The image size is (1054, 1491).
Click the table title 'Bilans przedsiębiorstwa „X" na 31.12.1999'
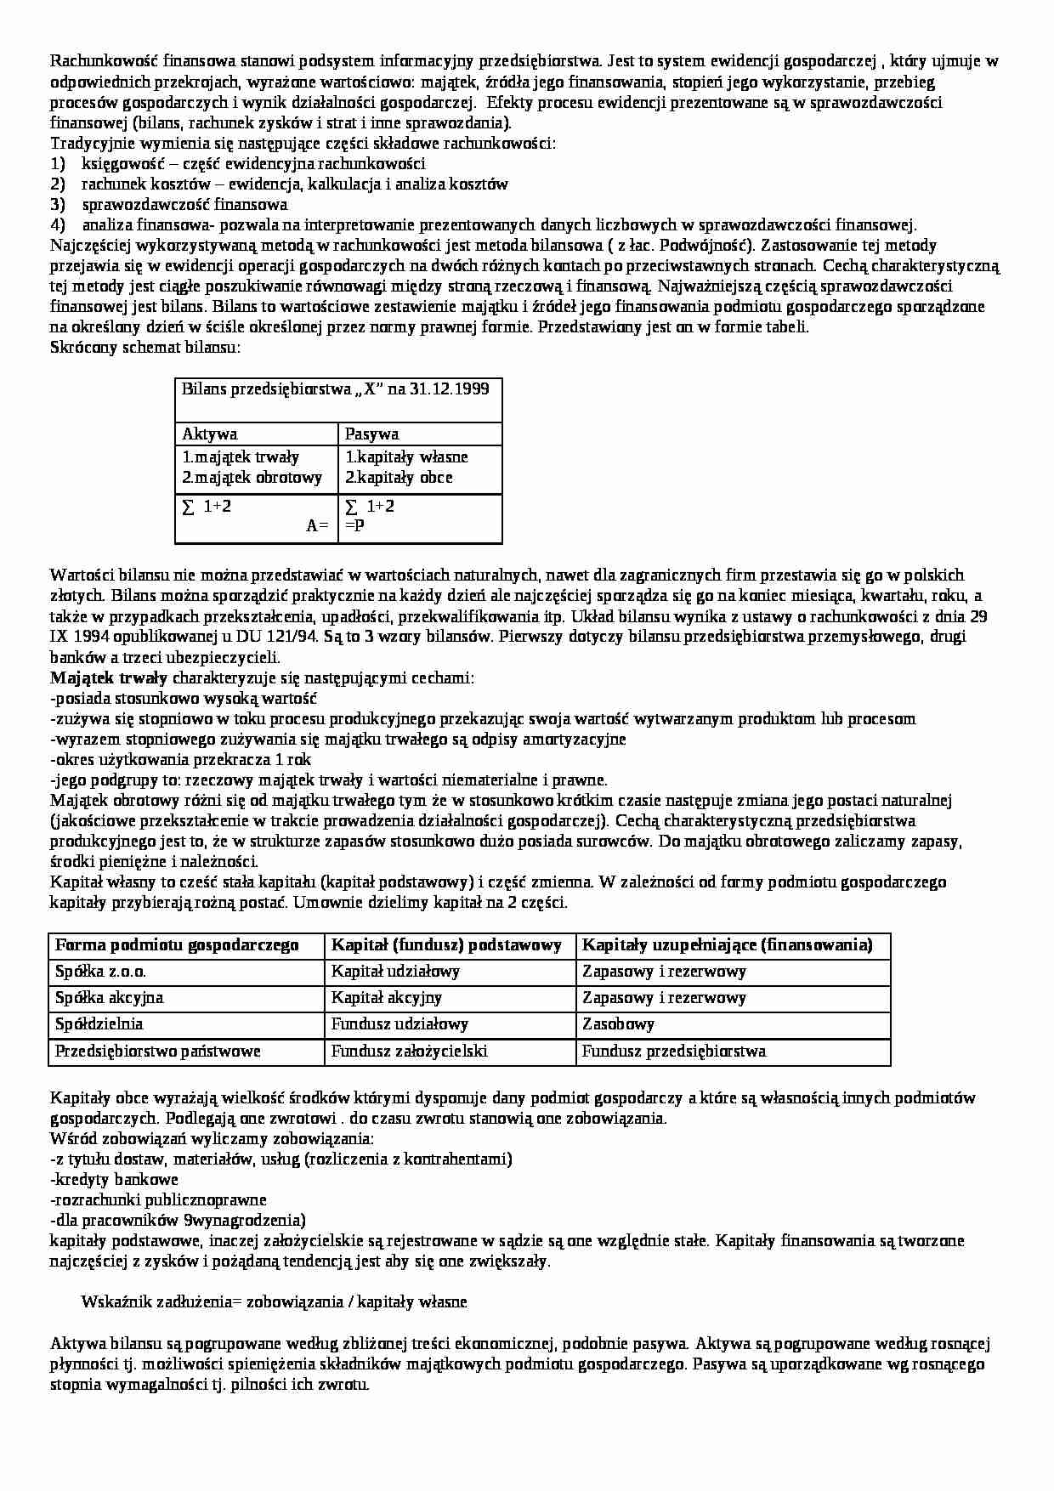[x=335, y=389]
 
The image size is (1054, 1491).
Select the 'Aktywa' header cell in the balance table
[x=210, y=434]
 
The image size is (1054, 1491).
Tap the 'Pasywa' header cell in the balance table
[x=371, y=434]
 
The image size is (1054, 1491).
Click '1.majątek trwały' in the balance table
[x=241, y=457]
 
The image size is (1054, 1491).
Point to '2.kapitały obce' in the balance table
[x=399, y=478]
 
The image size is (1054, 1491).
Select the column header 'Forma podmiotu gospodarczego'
[x=177, y=945]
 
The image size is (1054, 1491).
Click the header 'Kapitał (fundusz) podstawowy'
[x=446, y=945]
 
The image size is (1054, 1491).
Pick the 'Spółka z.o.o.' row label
[x=106, y=972]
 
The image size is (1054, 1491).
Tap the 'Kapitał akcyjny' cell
[x=386, y=998]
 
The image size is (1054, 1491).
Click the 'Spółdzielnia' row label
[x=99, y=1024]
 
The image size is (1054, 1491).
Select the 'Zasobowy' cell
[x=618, y=1024]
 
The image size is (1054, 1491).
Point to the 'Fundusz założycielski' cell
[x=409, y=1052]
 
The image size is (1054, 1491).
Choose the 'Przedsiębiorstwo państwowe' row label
[x=157, y=1052]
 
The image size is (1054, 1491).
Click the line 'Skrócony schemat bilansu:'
[x=145, y=348]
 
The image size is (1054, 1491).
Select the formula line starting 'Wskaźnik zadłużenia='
[x=274, y=1302]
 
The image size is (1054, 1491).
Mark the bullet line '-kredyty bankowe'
[x=115, y=1180]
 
